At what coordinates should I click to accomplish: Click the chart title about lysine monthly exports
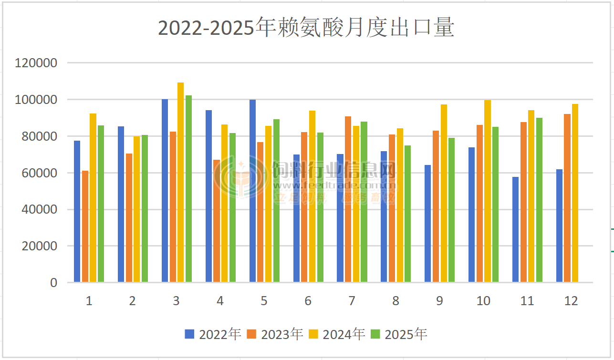pyautogui.click(x=306, y=28)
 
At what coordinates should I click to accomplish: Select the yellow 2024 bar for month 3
pyautogui.click(x=180, y=182)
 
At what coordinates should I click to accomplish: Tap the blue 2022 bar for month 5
pyautogui.click(x=252, y=191)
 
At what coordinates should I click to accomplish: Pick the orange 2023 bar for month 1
pyautogui.click(x=85, y=226)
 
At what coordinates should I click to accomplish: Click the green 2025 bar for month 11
pyautogui.click(x=539, y=200)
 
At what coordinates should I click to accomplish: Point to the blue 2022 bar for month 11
pyautogui.click(x=515, y=229)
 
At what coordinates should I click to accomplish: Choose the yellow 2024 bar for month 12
pyautogui.click(x=575, y=193)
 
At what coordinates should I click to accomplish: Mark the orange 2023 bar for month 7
pyautogui.click(x=348, y=199)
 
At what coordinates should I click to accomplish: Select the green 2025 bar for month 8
pyautogui.click(x=407, y=214)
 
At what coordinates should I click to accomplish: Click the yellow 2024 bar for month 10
pyautogui.click(x=487, y=191)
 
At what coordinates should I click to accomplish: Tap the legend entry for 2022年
pyautogui.click(x=213, y=334)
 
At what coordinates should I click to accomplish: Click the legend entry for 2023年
pyautogui.click(x=275, y=334)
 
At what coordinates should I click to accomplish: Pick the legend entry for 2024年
pyautogui.click(x=337, y=334)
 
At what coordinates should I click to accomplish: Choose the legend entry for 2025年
pyautogui.click(x=399, y=334)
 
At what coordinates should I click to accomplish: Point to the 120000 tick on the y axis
pyautogui.click(x=36, y=63)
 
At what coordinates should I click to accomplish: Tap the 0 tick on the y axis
pyautogui.click(x=53, y=283)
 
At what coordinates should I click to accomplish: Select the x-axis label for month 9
pyautogui.click(x=439, y=301)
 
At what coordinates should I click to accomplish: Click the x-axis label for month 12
pyautogui.click(x=571, y=301)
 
